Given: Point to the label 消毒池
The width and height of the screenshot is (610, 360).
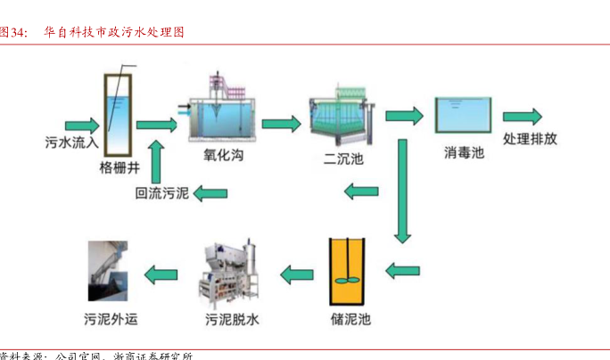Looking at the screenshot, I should point(464,152).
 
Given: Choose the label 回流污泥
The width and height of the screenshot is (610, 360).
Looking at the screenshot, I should point(161,192).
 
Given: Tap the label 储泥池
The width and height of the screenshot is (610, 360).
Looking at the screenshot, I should point(349,316).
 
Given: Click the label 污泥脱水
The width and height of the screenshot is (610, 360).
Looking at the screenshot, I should point(233,317).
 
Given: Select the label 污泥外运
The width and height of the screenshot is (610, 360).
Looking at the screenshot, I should point(113,317).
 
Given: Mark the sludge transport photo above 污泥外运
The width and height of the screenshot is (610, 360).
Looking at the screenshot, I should point(113,272).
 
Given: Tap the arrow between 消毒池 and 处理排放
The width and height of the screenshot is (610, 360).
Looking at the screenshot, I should point(522,117).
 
